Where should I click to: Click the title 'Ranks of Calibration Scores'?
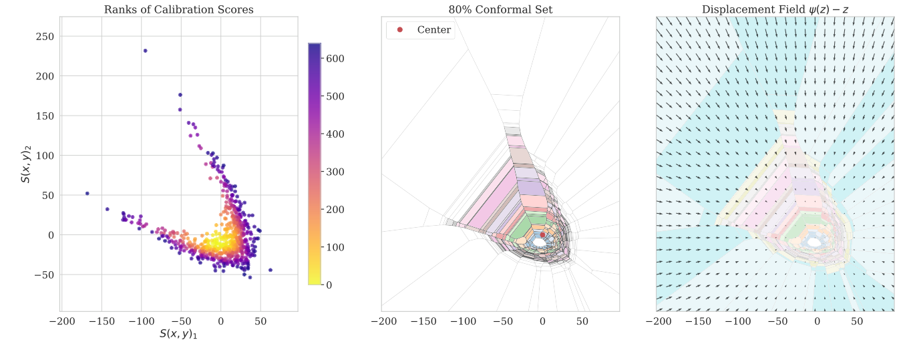(x=178, y=9)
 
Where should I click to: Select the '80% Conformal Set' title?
(x=500, y=9)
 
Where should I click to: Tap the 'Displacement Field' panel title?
(x=775, y=9)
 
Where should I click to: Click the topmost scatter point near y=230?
(x=145, y=51)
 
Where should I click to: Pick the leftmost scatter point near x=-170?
(x=87, y=194)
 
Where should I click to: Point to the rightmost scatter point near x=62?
(x=270, y=270)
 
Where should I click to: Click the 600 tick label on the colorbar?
(x=335, y=59)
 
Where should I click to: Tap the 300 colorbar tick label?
(x=335, y=172)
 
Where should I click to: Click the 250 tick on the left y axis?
(x=44, y=36)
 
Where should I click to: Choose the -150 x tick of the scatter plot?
(x=101, y=321)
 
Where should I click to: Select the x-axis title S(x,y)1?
(x=178, y=333)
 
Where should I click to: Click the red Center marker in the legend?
(x=399, y=30)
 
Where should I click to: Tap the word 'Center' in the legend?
(x=433, y=30)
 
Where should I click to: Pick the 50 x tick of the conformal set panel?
(x=582, y=321)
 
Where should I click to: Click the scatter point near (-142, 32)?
(x=107, y=209)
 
